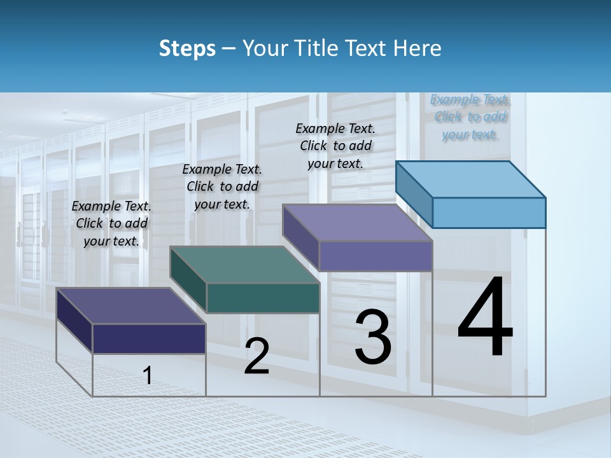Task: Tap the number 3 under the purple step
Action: point(373,337)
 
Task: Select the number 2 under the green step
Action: point(256,356)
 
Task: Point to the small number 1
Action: point(147,376)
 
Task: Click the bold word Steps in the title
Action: point(187,48)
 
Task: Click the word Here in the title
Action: point(418,48)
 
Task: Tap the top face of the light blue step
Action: point(471,179)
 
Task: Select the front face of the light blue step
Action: point(489,212)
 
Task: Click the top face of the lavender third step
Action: point(358,223)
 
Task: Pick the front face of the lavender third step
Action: point(376,256)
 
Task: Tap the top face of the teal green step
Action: point(244,265)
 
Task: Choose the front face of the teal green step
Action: point(263,298)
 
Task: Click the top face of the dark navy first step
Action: point(130,306)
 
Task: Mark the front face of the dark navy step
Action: point(149,338)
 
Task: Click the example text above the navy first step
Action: point(111,223)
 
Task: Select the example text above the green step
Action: point(222,186)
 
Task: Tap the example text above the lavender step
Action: point(335,146)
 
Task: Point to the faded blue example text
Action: point(470,117)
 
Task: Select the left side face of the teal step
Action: point(188,280)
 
